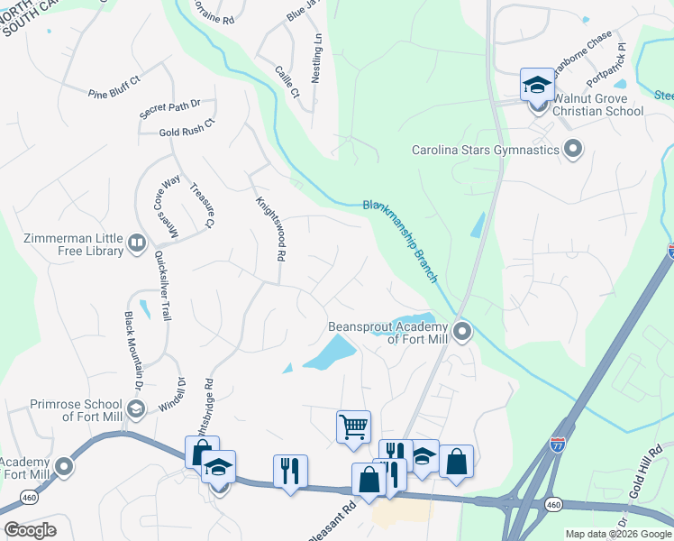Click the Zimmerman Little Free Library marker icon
coord(136,242)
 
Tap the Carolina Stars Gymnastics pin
coord(570,150)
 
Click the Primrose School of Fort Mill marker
coord(135,410)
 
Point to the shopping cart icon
coord(352,426)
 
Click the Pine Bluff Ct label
coord(114,86)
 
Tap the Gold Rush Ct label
coord(187,127)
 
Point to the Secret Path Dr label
coord(169,108)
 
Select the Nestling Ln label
coord(316,60)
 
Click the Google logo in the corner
coord(30,530)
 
